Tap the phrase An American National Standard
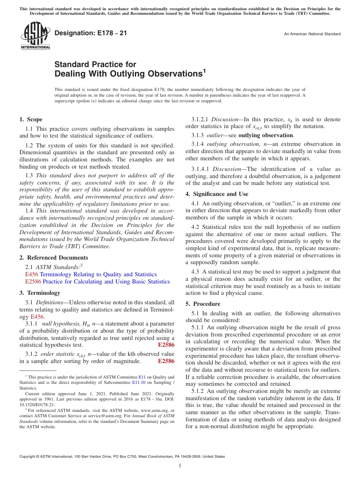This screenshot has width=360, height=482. (x=312, y=34)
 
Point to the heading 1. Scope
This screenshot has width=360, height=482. (x=31, y=119)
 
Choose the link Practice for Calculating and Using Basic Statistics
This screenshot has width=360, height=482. (x=106, y=282)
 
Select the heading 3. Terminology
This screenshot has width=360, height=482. (x=40, y=293)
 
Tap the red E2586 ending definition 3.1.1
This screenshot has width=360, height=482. (x=166, y=345)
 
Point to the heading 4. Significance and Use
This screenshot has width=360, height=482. (x=217, y=194)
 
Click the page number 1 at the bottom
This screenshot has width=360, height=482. (x=180, y=466)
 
